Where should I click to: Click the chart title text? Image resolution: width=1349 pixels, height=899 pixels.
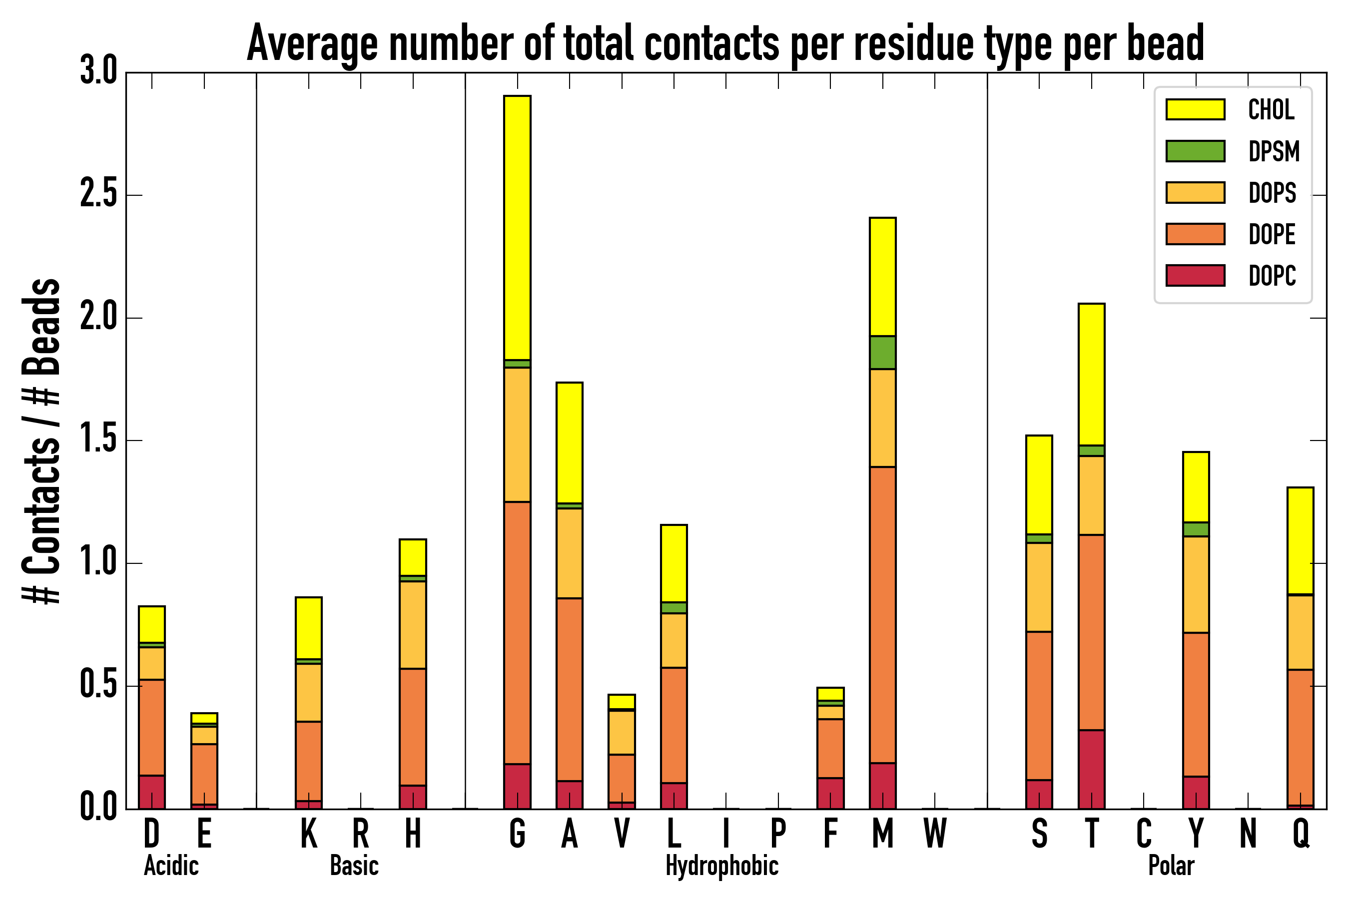(x=725, y=43)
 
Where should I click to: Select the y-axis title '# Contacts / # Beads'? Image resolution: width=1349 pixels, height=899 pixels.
(x=41, y=441)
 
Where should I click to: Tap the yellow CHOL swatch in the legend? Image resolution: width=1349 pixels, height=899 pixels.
(x=1195, y=109)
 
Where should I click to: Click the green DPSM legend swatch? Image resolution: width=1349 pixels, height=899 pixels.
(x=1195, y=151)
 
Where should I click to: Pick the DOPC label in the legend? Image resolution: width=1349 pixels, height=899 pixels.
(x=1272, y=276)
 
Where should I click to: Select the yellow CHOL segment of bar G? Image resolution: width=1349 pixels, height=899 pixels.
(x=517, y=227)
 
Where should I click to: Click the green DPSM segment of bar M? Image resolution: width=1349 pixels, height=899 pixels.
(x=882, y=352)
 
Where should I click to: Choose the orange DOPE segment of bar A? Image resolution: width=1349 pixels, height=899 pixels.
(x=569, y=689)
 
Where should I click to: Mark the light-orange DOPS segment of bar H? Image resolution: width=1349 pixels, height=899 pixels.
(x=413, y=625)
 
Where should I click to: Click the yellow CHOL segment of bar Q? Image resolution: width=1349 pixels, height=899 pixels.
(x=1300, y=541)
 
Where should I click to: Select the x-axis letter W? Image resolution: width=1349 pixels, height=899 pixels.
(x=935, y=834)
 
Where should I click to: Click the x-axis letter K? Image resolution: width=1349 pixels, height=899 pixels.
(x=309, y=834)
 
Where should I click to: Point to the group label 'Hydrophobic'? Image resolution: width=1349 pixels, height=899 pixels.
(x=721, y=866)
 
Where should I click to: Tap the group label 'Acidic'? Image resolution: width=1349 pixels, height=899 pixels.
(x=171, y=866)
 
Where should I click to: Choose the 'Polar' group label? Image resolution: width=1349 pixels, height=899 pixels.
(x=1171, y=866)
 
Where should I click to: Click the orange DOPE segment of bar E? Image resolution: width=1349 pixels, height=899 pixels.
(x=204, y=774)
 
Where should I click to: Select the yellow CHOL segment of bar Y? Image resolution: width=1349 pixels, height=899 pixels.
(x=1195, y=487)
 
